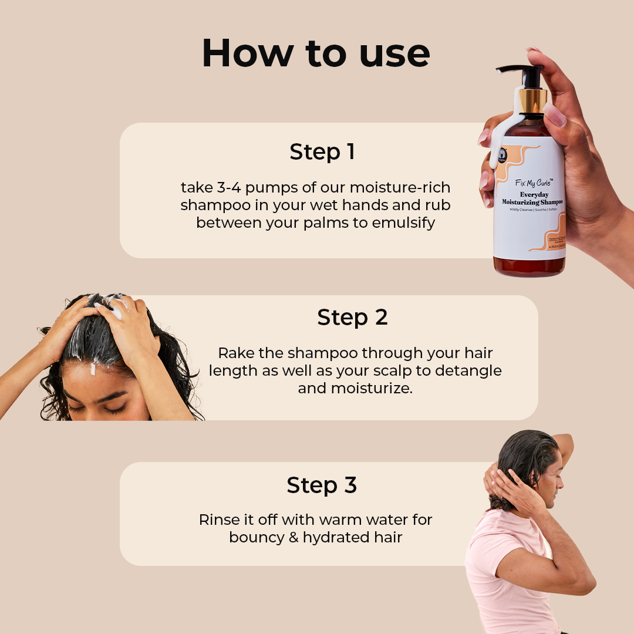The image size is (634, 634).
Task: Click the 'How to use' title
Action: click(316, 53)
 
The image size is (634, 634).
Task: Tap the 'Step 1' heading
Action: click(322, 152)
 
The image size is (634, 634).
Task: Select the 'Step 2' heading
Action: click(352, 318)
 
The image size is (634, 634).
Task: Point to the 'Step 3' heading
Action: click(322, 486)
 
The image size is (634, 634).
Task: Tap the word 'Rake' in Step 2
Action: click(235, 353)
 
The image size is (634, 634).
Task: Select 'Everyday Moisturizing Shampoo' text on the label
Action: click(532, 198)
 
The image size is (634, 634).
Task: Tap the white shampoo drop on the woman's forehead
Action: click(93, 370)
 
